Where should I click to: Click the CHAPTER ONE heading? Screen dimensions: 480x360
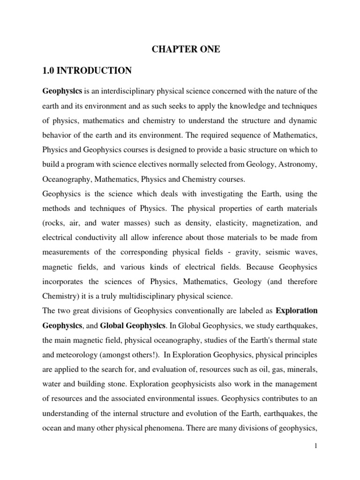pyautogui.click(x=185, y=50)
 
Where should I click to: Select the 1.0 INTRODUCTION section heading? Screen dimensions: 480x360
pyautogui.click(x=87, y=71)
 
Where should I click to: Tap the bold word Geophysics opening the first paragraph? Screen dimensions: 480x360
pyautogui.click(x=63, y=90)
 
